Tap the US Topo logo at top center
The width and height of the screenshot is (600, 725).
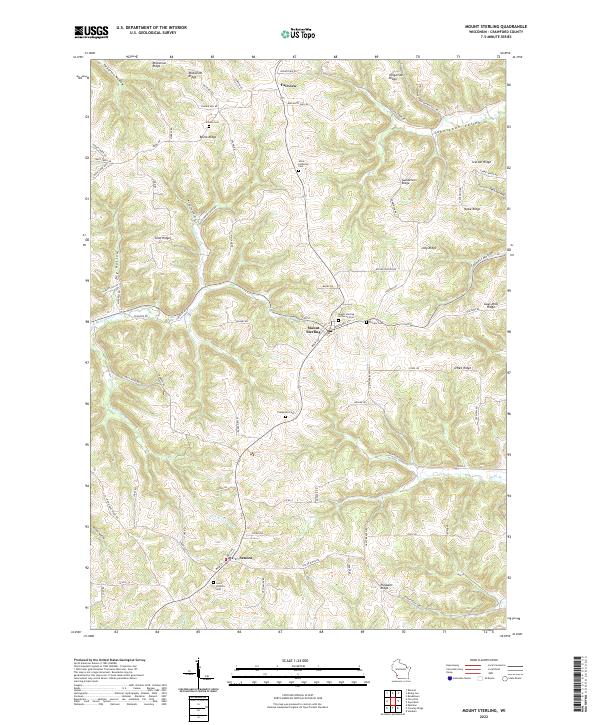coord(295,33)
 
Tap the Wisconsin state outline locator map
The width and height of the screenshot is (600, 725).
coord(401,670)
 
